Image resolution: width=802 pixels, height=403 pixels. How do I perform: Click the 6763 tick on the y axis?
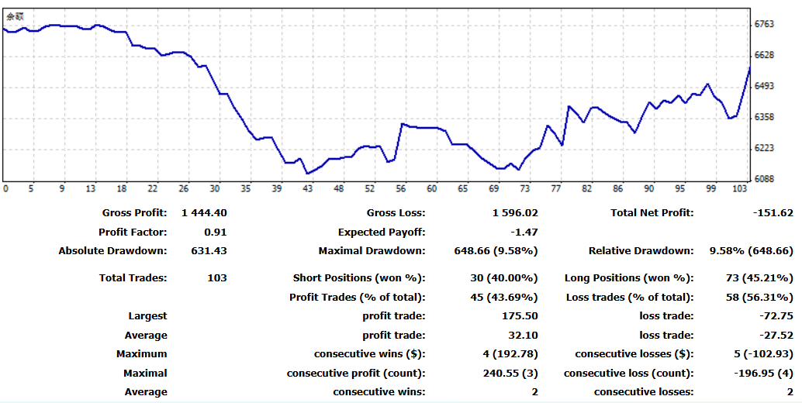(x=764, y=24)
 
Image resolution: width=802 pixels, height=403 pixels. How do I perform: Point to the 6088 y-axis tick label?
(x=764, y=179)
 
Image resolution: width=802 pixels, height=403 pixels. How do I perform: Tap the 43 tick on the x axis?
(x=308, y=188)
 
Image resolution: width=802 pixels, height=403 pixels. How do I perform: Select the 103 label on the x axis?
(x=741, y=188)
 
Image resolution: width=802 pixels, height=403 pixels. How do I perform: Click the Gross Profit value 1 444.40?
(x=204, y=212)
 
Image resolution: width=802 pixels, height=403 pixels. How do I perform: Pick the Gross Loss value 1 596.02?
(x=514, y=212)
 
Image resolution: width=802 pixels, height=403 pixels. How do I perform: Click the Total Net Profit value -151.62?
(x=770, y=212)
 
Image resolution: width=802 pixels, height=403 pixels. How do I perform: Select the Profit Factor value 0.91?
(x=215, y=232)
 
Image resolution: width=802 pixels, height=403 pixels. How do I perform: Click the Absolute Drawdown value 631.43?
(x=209, y=251)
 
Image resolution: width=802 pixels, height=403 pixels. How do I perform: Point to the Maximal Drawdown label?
(x=372, y=251)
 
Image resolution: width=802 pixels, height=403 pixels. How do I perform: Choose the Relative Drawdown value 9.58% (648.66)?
(x=751, y=251)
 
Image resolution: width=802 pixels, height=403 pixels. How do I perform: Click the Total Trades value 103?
(x=216, y=277)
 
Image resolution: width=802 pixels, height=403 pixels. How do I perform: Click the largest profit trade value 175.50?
(x=520, y=315)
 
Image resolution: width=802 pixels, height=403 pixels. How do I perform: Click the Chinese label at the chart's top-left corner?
(x=15, y=15)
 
